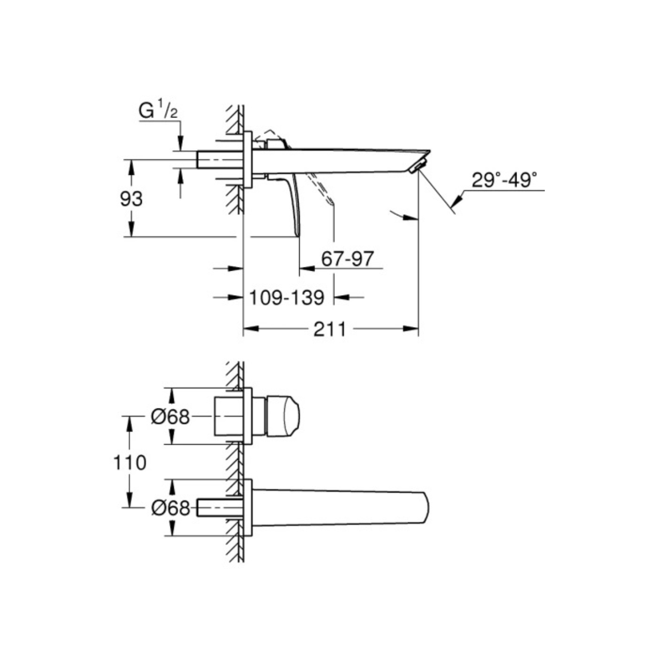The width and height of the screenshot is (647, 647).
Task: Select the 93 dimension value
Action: [x=131, y=199]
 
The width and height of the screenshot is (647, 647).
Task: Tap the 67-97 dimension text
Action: [x=347, y=258]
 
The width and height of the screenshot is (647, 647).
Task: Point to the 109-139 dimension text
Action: [x=287, y=298]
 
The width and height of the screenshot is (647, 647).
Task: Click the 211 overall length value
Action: [x=329, y=329]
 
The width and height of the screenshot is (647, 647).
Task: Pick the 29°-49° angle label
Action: [x=504, y=180]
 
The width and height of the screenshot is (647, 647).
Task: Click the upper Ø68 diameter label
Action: [x=171, y=417]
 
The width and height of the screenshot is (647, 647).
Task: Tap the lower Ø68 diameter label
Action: [x=171, y=508]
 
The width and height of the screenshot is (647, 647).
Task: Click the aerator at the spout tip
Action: [x=418, y=167]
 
